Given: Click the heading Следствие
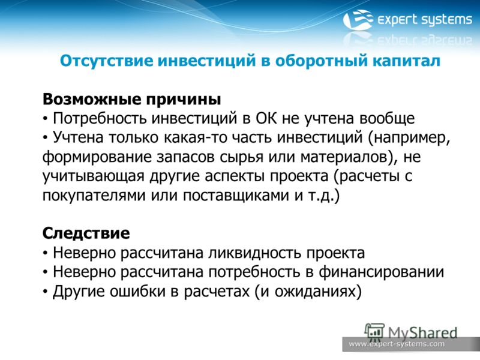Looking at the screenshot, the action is coord(86,233).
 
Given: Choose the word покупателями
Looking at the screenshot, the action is coord(94,196).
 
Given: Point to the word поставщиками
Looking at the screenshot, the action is coord(236,196).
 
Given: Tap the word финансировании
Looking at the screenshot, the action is coord(381,272).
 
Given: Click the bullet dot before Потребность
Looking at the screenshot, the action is coord(46,119).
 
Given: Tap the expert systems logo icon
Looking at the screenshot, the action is coord(358,19).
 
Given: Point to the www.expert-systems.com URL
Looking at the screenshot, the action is coord(397,344).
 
